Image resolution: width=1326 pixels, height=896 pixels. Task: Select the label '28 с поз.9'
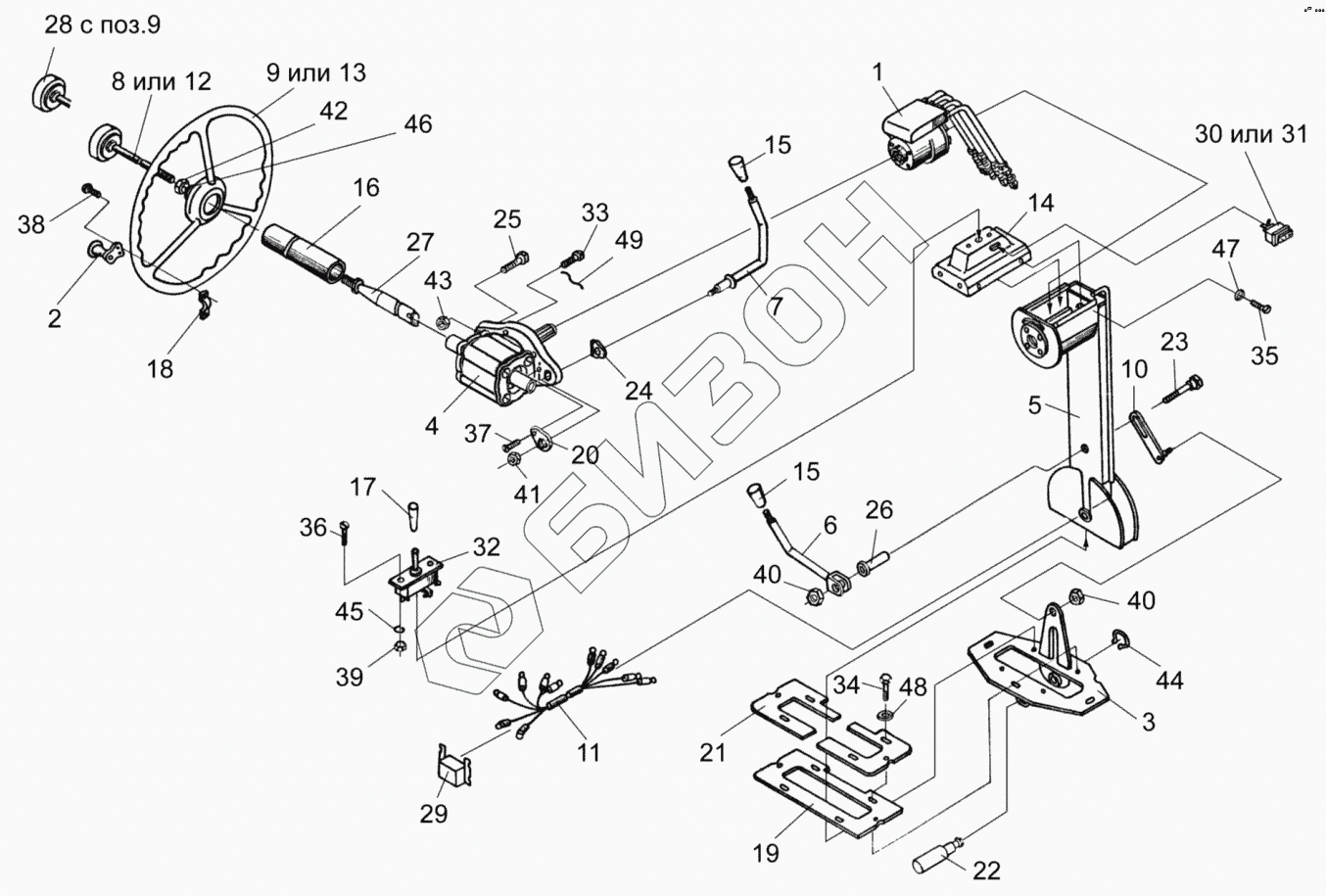[x=103, y=24]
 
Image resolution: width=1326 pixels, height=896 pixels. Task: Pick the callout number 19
[x=767, y=853]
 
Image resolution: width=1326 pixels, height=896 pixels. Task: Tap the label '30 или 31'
[x=1251, y=134]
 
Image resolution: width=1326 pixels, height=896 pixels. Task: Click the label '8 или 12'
[x=161, y=81]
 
